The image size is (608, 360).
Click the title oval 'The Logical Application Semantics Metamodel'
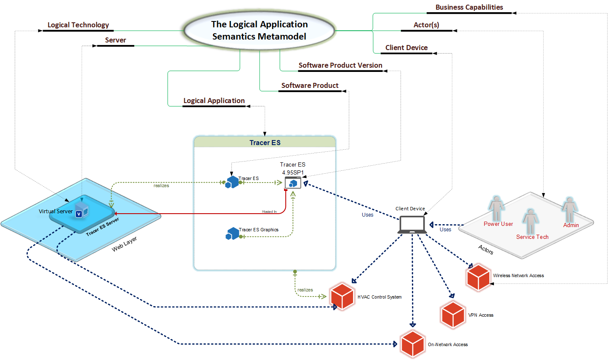point(259,30)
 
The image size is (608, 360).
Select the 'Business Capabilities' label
point(469,8)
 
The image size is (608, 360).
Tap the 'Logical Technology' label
point(78,25)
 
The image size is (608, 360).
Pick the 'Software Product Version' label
point(340,66)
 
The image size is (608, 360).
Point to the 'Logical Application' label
point(214,101)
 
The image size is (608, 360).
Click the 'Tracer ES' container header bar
point(265,143)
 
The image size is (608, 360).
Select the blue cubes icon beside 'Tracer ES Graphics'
point(232,233)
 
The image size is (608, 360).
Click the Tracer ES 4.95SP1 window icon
point(293,183)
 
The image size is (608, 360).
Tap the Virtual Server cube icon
point(81,209)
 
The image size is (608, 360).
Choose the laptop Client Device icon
point(412,225)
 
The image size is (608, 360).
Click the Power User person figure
point(496,209)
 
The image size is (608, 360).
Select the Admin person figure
point(570,209)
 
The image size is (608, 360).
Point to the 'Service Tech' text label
point(532,237)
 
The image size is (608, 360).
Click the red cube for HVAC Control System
point(342,296)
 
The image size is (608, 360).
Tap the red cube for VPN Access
point(453,315)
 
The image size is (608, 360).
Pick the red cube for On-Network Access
point(412,344)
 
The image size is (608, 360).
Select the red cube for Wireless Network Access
point(478,277)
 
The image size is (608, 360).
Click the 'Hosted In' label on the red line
point(269,212)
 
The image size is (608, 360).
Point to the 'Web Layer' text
point(125,244)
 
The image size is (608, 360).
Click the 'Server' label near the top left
point(115,40)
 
